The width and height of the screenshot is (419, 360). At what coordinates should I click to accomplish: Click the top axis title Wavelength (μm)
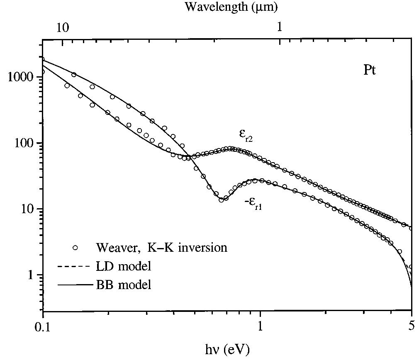coord(231,7)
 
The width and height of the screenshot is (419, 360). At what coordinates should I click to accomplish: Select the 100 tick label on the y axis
coord(26,143)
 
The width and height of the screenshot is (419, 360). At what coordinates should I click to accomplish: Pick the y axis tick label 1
coord(32,275)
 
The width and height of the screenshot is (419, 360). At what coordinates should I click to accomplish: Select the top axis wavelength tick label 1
coord(279,27)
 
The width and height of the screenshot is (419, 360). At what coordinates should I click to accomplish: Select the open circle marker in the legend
coord(75,248)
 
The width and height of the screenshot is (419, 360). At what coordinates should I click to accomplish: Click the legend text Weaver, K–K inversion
coord(161,248)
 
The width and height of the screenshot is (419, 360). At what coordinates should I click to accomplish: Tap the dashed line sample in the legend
coord(79,266)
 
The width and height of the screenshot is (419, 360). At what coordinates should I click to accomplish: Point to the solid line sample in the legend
coord(79,285)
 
